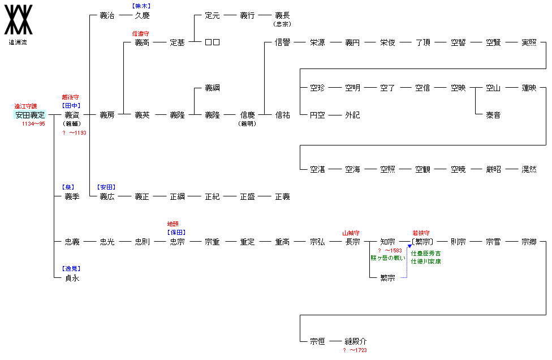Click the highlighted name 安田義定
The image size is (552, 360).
tap(30, 115)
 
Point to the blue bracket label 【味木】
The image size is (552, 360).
tap(142, 6)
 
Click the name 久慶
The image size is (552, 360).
tap(142, 15)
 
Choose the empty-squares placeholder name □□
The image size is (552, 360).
tap(212, 42)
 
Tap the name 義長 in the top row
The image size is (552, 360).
tap(282, 15)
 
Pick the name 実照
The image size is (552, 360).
tap(529, 42)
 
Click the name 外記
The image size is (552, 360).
tap(352, 115)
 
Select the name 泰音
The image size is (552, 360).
tap(493, 115)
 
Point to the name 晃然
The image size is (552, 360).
tap(529, 169)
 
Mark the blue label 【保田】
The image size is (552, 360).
tap(176, 233)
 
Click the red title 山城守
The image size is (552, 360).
tap(351, 233)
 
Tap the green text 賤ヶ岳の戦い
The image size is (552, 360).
tap(388, 258)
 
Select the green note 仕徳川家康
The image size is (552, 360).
tap(426, 262)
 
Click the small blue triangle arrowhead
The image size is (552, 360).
tap(409, 246)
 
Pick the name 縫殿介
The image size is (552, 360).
tap(356, 341)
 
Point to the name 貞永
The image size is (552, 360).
tap(72, 278)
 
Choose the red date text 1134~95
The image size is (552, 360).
tap(33, 123)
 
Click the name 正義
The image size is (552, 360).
tap(282, 196)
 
